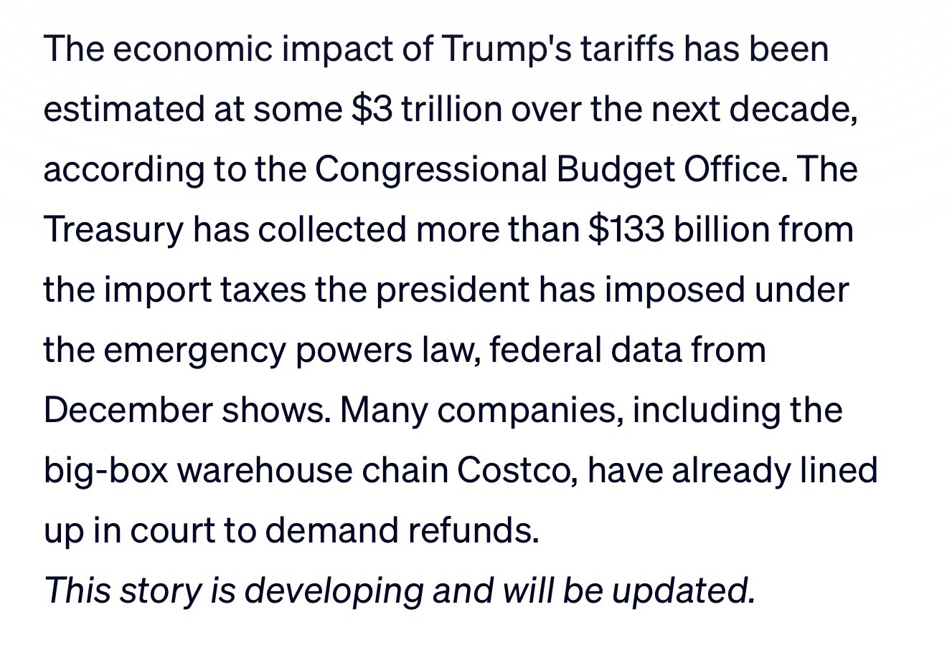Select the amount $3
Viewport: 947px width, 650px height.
tap(372, 109)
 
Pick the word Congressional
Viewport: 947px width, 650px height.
tap(430, 169)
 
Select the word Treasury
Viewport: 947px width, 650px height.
tap(113, 229)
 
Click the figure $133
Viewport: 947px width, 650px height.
tap(626, 229)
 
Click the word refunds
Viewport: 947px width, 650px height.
tap(473, 530)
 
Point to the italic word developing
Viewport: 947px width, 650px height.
tap(334, 591)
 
